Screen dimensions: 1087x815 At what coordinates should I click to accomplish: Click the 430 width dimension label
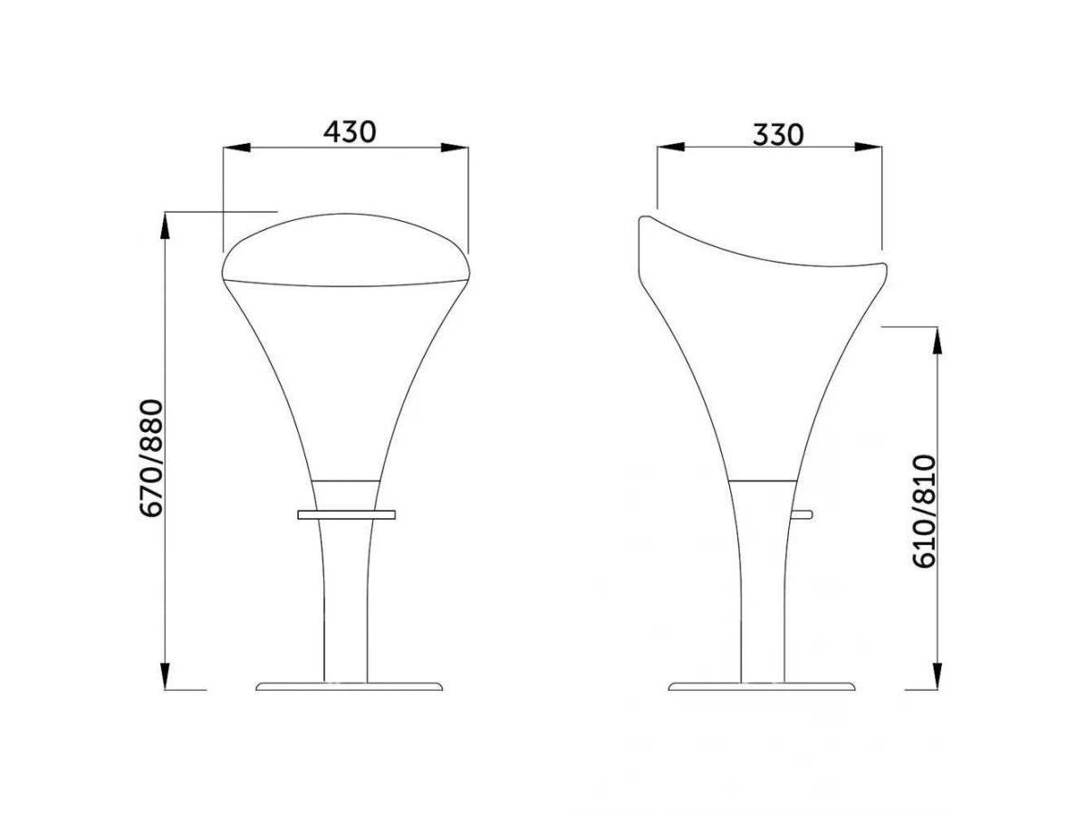pyautogui.click(x=350, y=132)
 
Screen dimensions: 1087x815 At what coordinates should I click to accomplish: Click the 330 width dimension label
pyautogui.click(x=778, y=135)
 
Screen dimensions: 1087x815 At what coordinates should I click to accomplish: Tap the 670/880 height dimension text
pyautogui.click(x=151, y=458)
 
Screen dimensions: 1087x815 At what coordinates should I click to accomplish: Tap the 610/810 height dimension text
pyautogui.click(x=924, y=512)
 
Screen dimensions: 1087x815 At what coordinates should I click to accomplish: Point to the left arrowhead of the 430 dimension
pyautogui.click(x=236, y=148)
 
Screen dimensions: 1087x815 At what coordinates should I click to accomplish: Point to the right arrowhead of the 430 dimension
pyautogui.click(x=455, y=148)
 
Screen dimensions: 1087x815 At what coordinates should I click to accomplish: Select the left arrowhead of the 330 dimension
pyautogui.click(x=670, y=147)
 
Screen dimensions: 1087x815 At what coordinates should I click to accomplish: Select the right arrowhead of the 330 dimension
pyautogui.click(x=868, y=147)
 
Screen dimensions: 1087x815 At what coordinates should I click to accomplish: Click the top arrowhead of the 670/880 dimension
pyautogui.click(x=166, y=226)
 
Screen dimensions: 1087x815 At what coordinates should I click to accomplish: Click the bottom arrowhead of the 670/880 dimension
pyautogui.click(x=166, y=675)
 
